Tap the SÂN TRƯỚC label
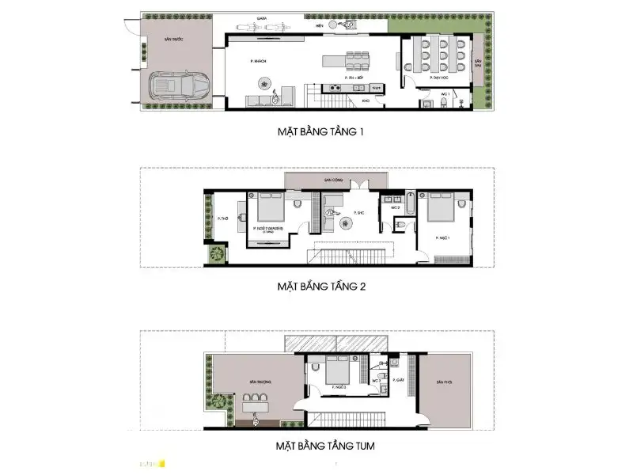173,37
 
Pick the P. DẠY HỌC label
439,78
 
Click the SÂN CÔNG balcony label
332,180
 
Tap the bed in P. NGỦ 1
439,209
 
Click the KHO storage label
365,101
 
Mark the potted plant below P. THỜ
214,254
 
